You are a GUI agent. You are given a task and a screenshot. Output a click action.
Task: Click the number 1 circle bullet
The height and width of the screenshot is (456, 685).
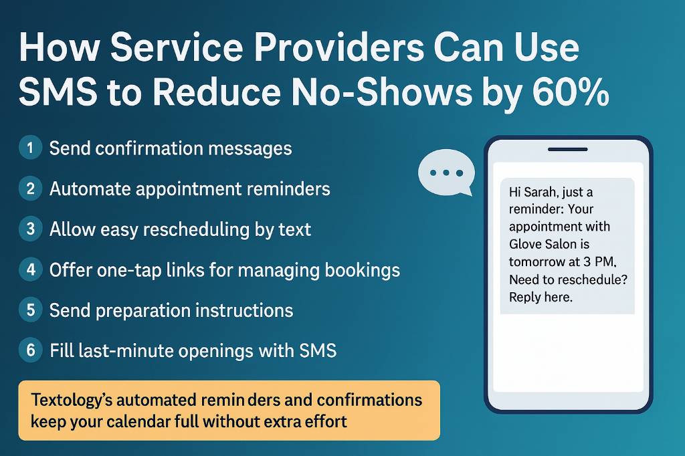point(30,148)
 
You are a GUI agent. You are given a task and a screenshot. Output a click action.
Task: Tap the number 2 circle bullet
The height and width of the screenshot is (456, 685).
point(30,189)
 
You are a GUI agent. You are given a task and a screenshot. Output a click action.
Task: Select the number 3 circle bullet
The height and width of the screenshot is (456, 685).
point(30,229)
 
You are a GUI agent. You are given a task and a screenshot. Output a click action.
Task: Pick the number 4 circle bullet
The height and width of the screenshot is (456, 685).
point(30,270)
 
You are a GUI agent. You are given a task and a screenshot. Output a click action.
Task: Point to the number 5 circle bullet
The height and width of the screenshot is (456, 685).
point(30,311)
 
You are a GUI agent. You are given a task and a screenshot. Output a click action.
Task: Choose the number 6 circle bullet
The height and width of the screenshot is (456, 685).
point(30,351)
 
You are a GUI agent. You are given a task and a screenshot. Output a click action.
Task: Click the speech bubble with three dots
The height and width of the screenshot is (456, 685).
point(445,173)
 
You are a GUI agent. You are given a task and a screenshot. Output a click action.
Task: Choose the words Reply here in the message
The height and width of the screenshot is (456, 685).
point(541,297)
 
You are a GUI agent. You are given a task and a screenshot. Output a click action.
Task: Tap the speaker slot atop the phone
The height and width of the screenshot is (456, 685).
point(567,149)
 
